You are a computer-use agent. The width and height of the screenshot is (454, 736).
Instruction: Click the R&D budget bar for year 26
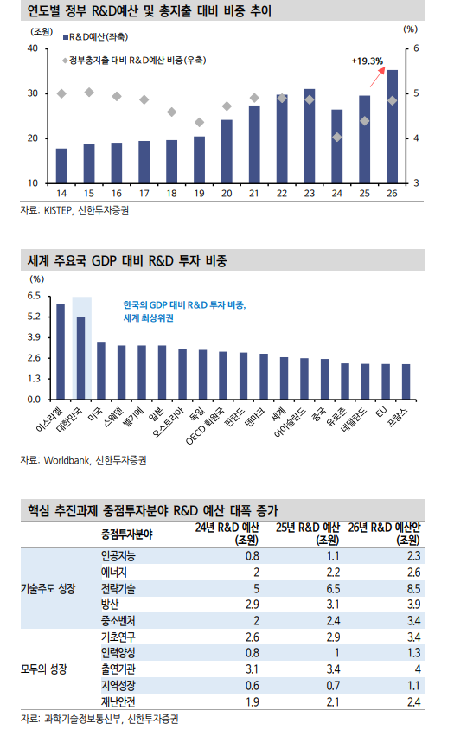392,127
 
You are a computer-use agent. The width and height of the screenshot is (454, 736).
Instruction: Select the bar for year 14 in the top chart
61,166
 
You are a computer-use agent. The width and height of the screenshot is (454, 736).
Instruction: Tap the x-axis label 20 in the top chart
227,193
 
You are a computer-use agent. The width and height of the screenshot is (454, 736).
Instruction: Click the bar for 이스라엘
61,352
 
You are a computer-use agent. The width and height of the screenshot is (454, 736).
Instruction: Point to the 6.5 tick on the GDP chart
35,296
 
